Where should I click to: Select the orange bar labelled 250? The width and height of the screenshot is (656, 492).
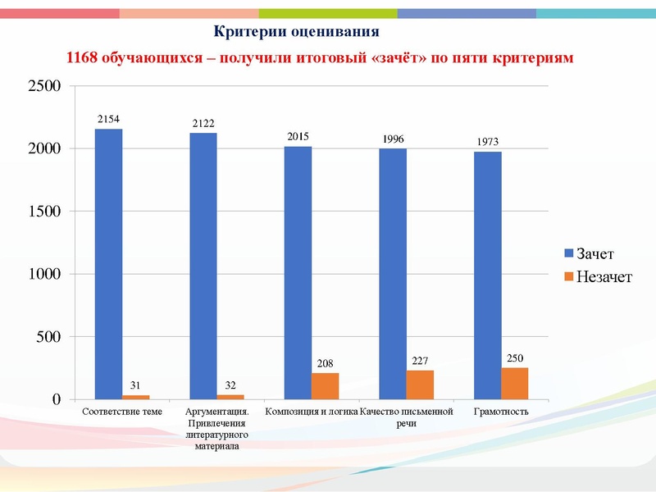[515, 384]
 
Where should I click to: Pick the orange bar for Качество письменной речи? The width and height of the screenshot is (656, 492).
[420, 385]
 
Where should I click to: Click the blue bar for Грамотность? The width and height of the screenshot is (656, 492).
[488, 276]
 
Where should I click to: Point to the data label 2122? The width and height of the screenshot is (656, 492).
[203, 124]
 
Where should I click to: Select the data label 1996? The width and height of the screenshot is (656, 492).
[393, 139]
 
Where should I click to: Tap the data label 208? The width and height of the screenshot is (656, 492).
[326, 362]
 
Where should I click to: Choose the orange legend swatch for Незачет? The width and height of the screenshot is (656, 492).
[568, 277]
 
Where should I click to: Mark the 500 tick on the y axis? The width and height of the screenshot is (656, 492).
[51, 337]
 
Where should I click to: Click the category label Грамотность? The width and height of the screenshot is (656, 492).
[501, 412]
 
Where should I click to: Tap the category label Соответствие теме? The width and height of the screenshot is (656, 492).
[123, 412]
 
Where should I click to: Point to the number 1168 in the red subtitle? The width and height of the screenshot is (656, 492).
[82, 59]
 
